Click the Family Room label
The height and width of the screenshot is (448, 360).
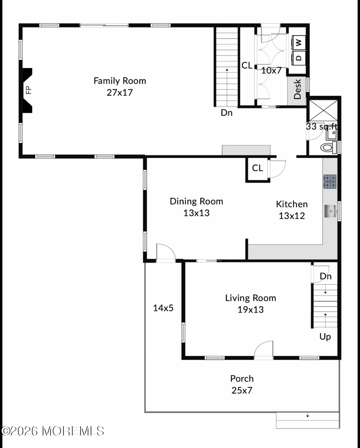click(120, 81)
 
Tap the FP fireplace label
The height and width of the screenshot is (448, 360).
click(29, 90)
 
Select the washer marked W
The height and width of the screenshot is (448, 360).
click(299, 43)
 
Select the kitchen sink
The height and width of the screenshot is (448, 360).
click(330, 211)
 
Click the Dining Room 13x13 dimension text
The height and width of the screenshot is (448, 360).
click(196, 213)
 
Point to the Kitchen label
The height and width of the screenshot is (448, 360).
click(292, 204)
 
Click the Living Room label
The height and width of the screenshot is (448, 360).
click(250, 298)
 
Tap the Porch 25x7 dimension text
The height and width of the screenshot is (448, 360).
click(242, 391)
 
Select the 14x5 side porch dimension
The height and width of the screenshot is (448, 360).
click(163, 308)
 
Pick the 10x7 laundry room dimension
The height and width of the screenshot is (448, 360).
click(271, 70)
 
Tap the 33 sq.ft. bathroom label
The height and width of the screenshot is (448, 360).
click(322, 127)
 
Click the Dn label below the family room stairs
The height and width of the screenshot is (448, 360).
click(227, 113)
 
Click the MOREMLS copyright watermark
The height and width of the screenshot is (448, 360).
click(53, 431)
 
